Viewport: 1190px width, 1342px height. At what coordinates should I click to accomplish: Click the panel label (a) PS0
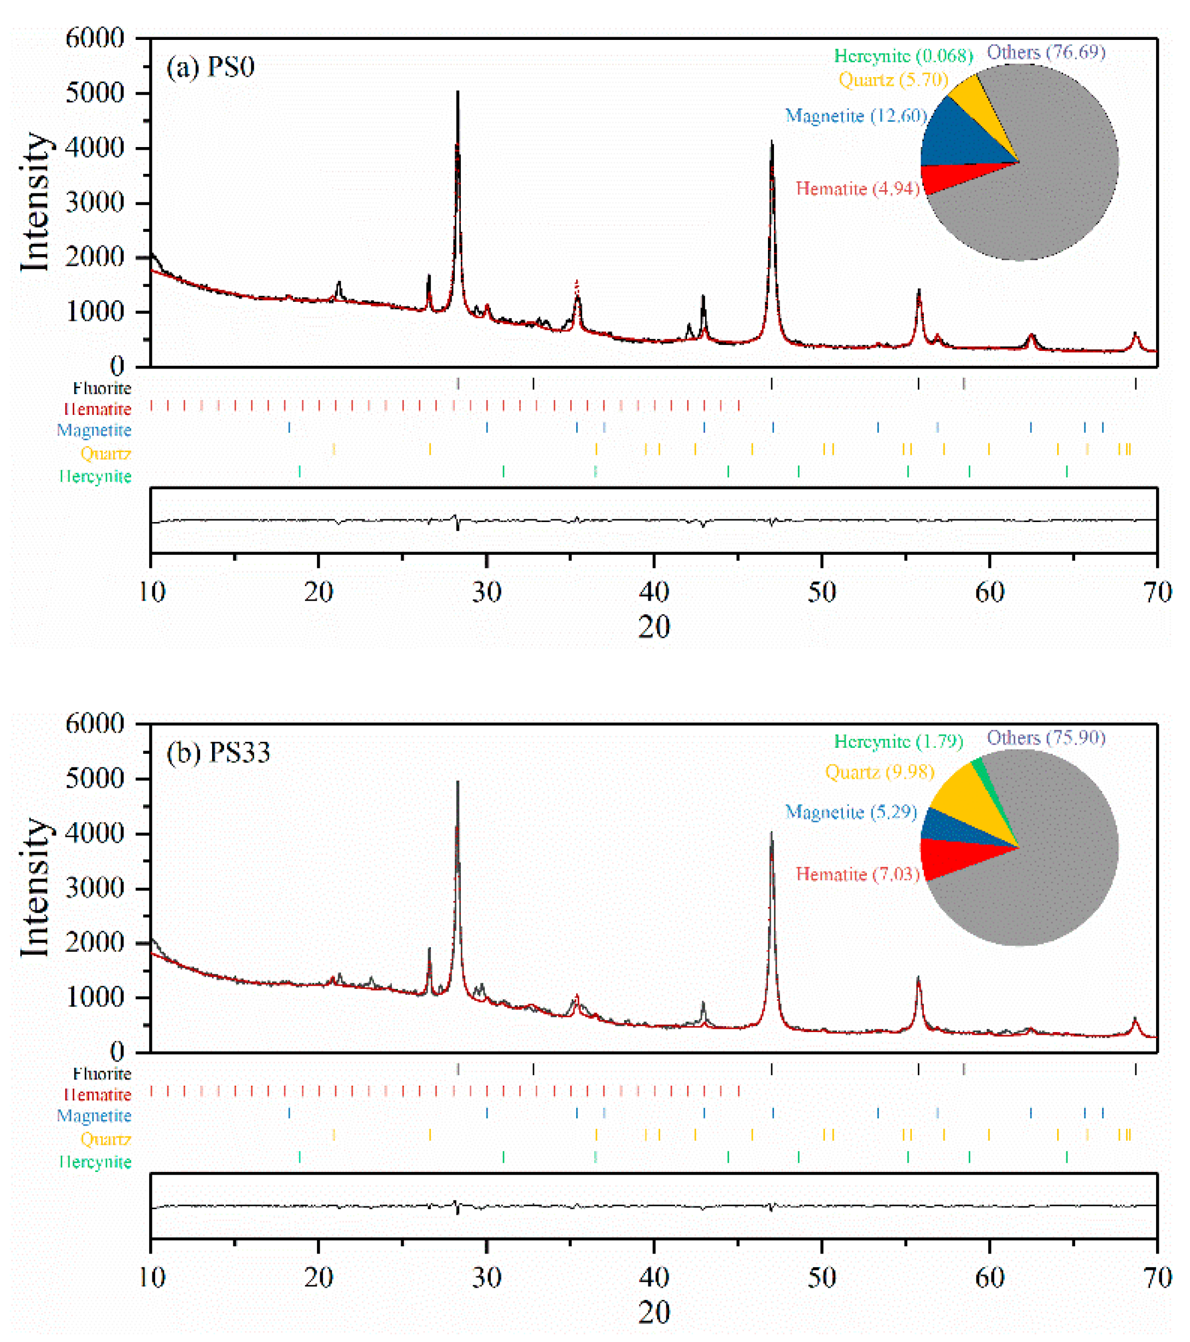210,68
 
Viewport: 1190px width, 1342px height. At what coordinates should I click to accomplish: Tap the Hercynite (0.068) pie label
903,56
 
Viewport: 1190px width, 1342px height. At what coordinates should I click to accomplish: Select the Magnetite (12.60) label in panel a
856,116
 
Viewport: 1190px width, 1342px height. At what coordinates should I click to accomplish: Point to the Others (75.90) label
1046,738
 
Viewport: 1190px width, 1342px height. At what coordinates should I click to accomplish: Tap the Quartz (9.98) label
880,772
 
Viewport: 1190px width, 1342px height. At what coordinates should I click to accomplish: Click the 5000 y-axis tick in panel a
95,93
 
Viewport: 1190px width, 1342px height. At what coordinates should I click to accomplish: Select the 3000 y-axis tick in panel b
95,889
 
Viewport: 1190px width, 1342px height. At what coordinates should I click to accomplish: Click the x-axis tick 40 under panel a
654,593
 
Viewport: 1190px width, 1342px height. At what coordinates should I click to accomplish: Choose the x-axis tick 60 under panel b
989,1278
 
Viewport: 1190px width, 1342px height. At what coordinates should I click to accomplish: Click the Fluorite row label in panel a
102,388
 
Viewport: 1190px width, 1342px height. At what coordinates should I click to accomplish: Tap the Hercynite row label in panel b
96,1162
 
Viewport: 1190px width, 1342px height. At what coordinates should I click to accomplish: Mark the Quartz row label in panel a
105,453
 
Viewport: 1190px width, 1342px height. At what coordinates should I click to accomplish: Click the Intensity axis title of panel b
36,888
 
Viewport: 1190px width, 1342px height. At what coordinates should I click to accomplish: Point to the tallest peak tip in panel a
458,92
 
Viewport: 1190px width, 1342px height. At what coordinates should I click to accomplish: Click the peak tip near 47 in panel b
772,833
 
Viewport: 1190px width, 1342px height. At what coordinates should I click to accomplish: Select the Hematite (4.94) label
857,189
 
